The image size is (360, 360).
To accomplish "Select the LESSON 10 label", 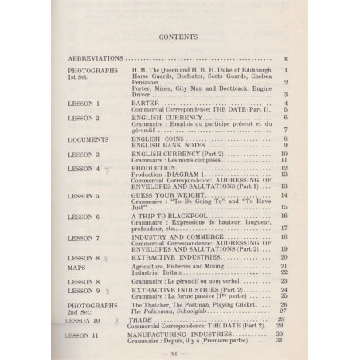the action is tap(86, 318).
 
